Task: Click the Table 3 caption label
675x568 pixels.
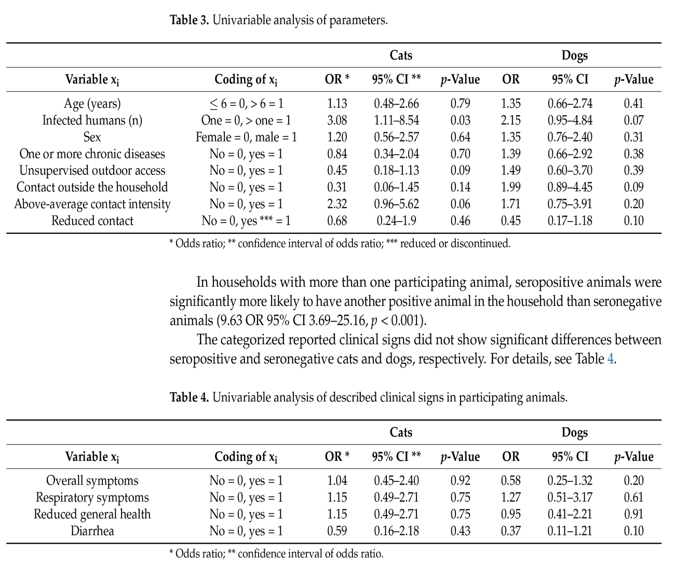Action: (x=190, y=21)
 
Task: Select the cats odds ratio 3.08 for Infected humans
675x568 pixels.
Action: (x=337, y=120)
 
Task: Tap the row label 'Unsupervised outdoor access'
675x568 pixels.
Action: (x=92, y=171)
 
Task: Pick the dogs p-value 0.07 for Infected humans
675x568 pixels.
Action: (x=633, y=120)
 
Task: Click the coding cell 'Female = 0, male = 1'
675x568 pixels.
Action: (x=246, y=137)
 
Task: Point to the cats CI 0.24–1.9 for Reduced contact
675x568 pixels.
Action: (x=396, y=220)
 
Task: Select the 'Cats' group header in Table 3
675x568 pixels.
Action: (x=401, y=56)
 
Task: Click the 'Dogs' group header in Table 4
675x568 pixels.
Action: (x=574, y=433)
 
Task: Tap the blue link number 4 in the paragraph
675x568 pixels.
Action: (x=610, y=359)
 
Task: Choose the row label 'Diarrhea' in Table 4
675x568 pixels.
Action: (x=92, y=531)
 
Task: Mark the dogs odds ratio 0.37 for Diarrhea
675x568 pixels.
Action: (x=511, y=531)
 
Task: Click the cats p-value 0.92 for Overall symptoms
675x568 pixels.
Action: (x=460, y=481)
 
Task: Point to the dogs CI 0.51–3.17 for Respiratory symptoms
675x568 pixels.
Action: (x=570, y=497)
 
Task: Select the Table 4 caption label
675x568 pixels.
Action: (x=190, y=398)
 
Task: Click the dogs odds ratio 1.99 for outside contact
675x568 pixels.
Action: (x=511, y=187)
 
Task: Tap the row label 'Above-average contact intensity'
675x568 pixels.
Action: (x=92, y=204)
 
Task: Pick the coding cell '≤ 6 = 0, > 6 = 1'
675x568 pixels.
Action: (x=246, y=104)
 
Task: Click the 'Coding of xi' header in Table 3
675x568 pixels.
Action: (x=246, y=79)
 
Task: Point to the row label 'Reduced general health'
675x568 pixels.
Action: (x=92, y=514)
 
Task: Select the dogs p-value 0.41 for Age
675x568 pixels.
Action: (x=633, y=104)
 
